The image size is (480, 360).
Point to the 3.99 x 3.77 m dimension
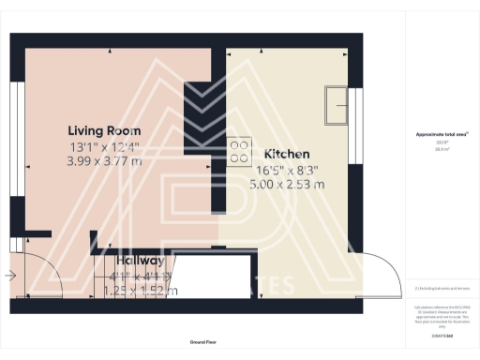click(105, 161)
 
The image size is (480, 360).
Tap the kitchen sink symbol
click(335, 105)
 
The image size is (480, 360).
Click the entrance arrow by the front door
click(9, 276)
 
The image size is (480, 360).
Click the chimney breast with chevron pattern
click(197, 109)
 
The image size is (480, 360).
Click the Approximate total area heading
click(442, 135)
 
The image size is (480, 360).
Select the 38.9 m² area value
click(442, 149)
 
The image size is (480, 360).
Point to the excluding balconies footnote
click(442, 288)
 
